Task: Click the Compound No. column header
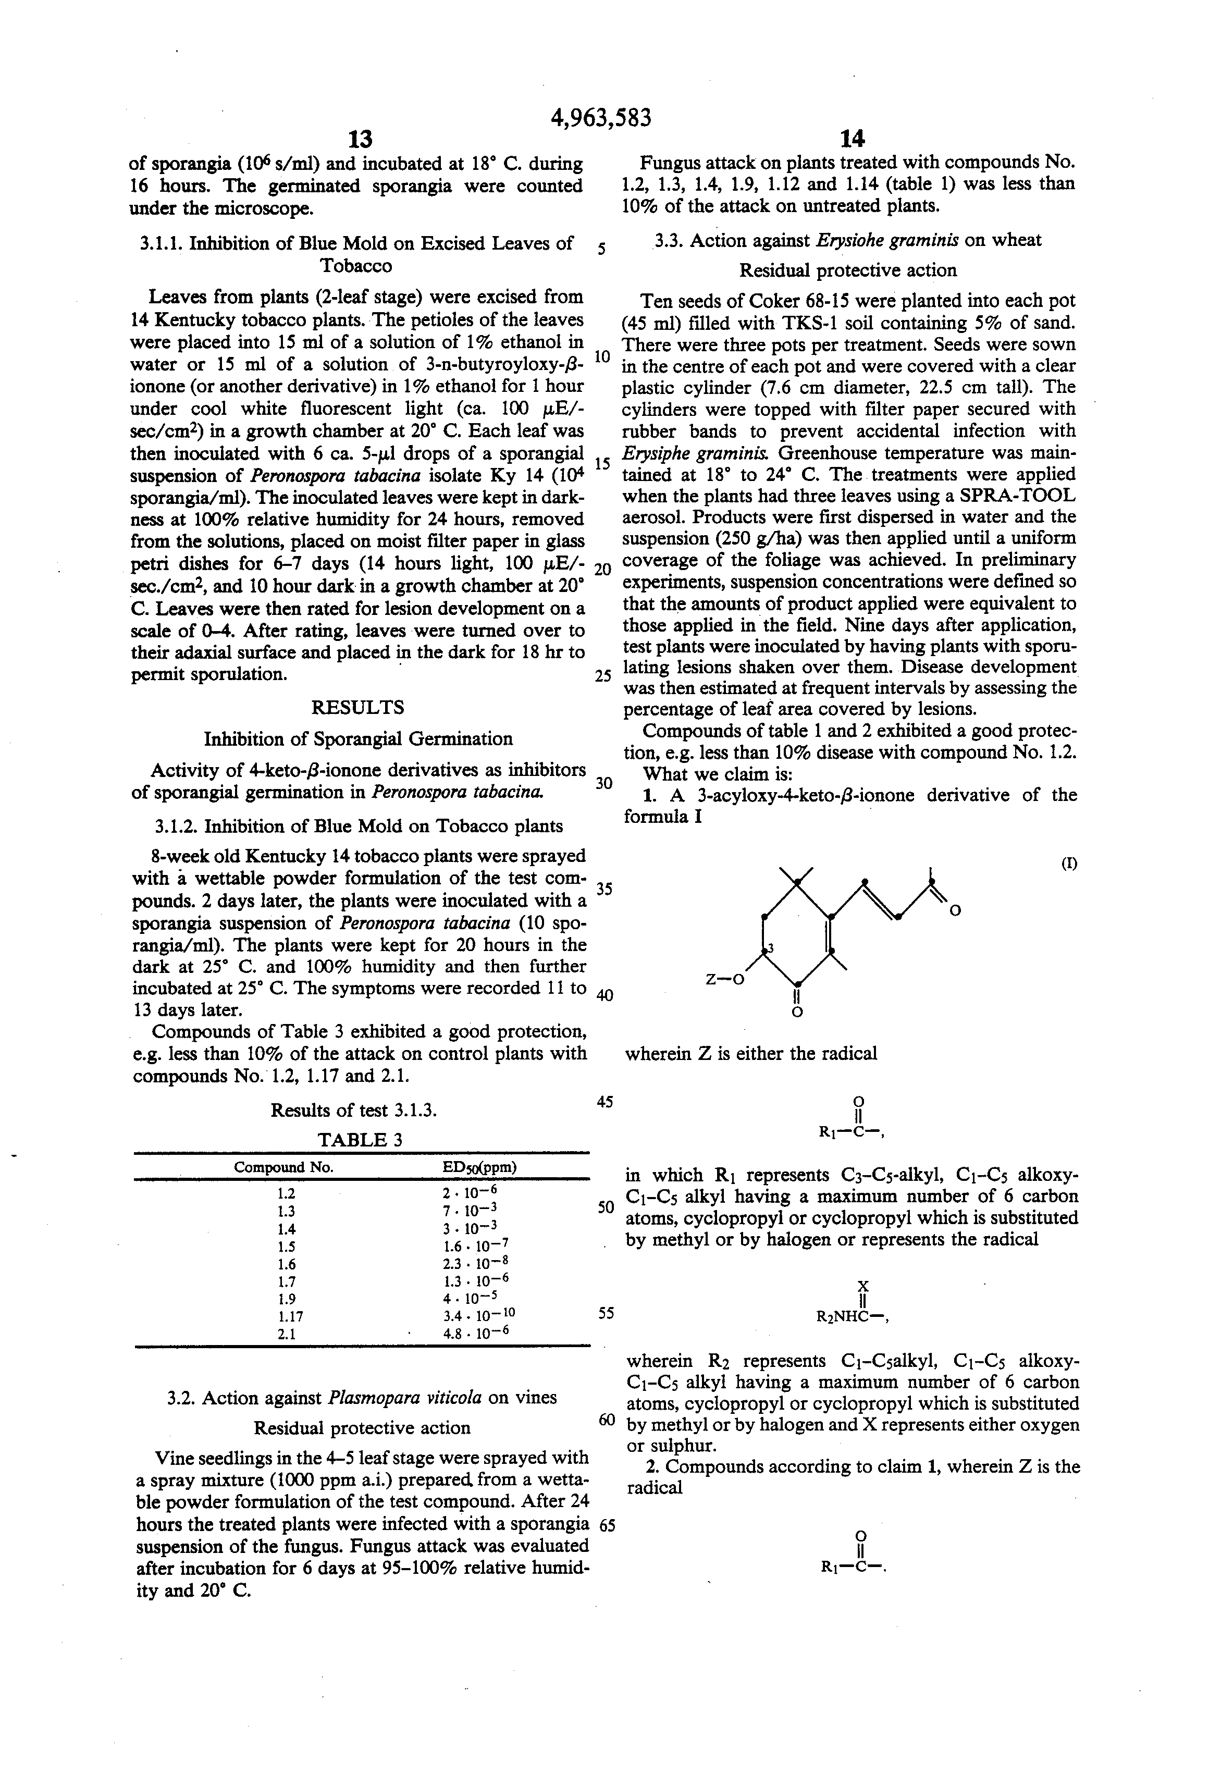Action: tap(283, 1167)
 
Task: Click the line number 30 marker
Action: tap(604, 783)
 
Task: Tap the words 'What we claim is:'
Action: tap(719, 773)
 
